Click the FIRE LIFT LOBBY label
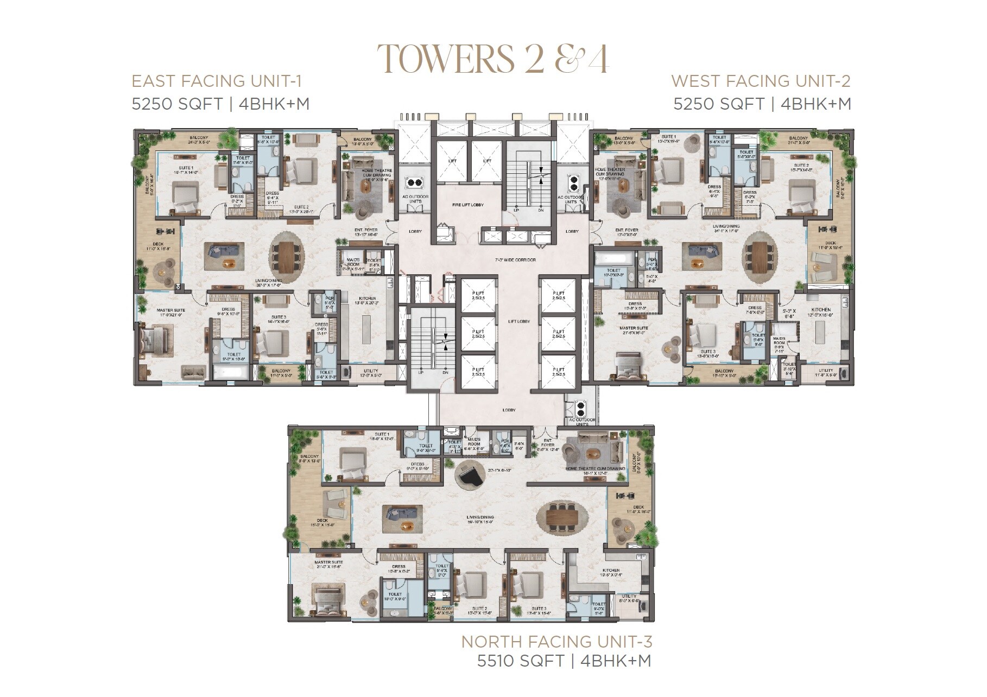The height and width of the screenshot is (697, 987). pyautogui.click(x=468, y=205)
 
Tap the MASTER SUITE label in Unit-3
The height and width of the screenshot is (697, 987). pyautogui.click(x=328, y=562)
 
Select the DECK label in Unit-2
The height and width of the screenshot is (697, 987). pyautogui.click(x=830, y=243)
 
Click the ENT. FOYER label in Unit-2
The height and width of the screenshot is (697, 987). pyautogui.click(x=626, y=230)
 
